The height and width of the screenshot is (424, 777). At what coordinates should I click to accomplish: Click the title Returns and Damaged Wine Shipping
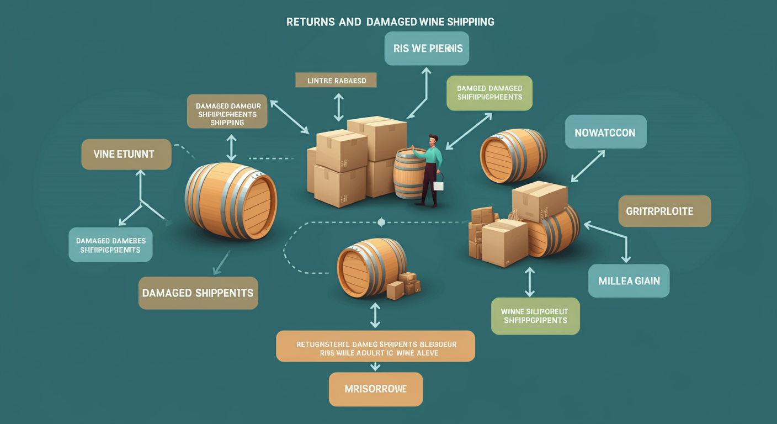coord(390,22)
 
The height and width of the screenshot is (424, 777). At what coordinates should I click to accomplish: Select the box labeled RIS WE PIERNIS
coord(427,48)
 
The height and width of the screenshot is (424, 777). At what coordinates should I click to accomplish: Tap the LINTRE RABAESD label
coord(336,80)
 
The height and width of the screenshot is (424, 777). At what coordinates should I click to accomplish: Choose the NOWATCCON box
coord(605,132)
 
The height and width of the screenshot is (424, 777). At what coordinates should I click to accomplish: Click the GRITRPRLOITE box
coord(664,211)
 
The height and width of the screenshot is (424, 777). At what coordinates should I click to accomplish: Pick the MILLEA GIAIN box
coord(629,280)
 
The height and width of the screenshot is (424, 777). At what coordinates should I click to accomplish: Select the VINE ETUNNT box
coord(126,154)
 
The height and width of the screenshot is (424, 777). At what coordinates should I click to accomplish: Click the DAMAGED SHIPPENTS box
coord(198,293)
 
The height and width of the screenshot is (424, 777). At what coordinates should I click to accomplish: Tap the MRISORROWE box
coord(375,389)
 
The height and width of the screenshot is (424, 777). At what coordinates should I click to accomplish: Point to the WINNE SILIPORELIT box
coord(535,316)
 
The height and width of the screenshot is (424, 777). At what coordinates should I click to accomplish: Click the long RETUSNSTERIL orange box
coord(375,346)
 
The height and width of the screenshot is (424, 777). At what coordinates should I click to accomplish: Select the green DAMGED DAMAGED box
coord(489,93)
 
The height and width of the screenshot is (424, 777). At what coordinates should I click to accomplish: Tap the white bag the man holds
coord(439,184)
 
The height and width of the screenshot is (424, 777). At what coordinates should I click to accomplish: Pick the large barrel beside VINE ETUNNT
coord(231,200)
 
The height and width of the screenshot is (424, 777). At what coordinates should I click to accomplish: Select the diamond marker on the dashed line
coord(381,222)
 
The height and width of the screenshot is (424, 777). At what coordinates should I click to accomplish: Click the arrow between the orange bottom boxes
coord(375,367)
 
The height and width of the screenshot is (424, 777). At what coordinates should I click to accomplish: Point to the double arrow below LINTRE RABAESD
coord(338,107)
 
